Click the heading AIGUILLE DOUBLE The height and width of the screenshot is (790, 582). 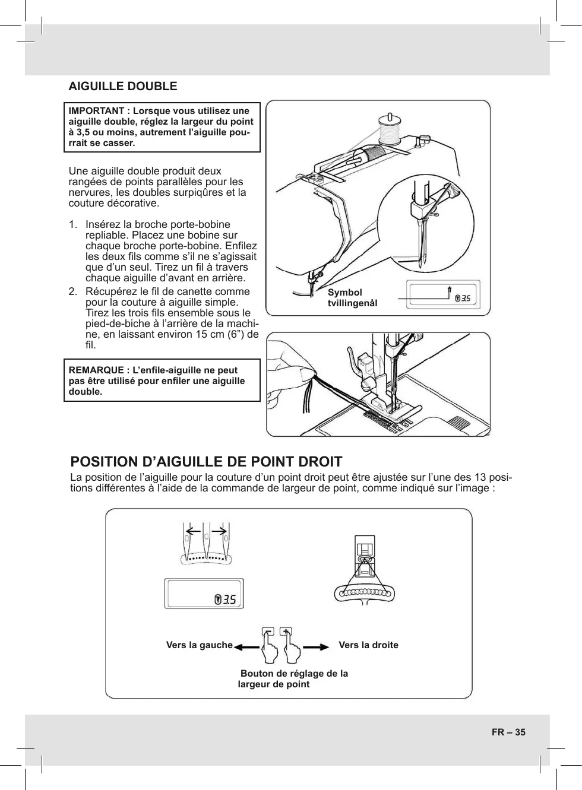tap(123, 86)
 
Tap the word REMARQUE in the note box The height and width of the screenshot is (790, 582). tap(95, 370)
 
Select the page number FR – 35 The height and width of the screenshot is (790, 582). tap(508, 732)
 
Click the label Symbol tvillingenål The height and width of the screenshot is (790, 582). tap(352, 298)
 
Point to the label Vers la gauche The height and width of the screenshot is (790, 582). tap(200, 645)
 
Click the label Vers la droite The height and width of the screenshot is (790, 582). tap(368, 645)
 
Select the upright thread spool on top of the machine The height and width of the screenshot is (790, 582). tap(390, 130)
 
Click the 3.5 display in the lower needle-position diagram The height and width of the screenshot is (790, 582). tap(224, 599)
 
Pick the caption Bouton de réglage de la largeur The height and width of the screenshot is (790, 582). tap(293, 678)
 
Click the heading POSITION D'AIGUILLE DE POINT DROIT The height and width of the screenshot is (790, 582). tap(206, 462)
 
